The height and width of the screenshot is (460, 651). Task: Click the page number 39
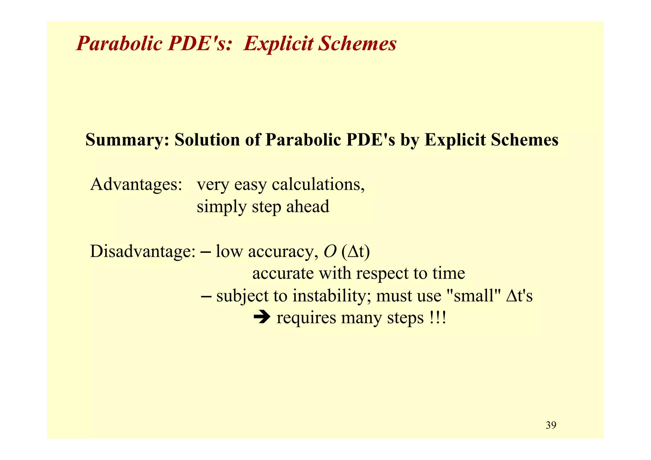551,425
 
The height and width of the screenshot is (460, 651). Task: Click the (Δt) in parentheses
356,252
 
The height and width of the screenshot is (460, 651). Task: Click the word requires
306,318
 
